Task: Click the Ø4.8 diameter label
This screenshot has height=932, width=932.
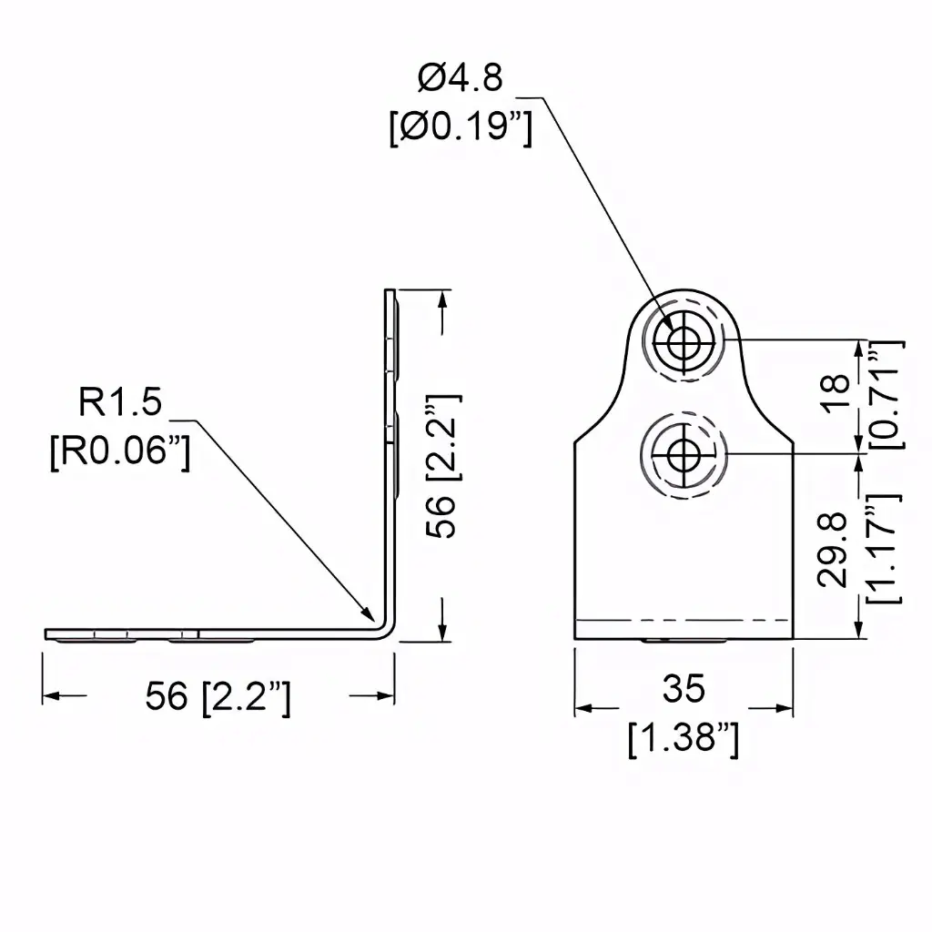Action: [460, 78]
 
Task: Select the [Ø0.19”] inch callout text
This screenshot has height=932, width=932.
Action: [461, 127]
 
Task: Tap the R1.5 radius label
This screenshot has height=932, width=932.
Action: [120, 401]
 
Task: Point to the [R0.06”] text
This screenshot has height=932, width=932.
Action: [120, 451]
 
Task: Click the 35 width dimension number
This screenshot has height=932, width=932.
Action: [684, 688]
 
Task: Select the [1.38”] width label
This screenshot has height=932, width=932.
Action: [684, 739]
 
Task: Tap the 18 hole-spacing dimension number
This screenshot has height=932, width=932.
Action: [836, 393]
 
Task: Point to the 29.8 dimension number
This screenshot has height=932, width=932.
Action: [832, 551]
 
